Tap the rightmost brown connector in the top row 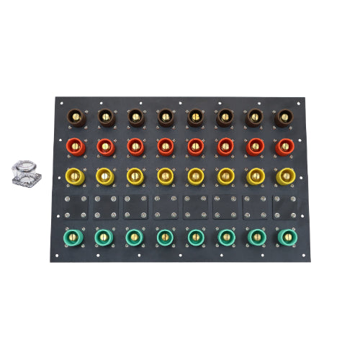click(x=284, y=116)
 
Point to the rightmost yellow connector click(x=284, y=176)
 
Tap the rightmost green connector click(x=284, y=235)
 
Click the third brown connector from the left click(x=135, y=116)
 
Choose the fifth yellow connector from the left click(x=195, y=176)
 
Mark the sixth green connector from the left click(x=225, y=235)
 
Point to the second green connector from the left click(x=105, y=235)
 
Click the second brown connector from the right click(x=255, y=116)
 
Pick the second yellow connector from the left click(x=105, y=176)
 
